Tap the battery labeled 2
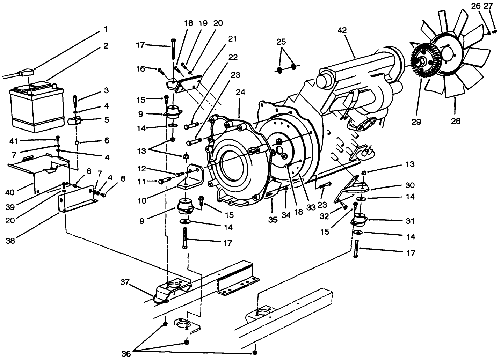[36, 106]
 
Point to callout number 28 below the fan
[456, 121]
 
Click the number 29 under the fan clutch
[416, 122]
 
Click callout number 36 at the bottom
[126, 354]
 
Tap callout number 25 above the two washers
[281, 42]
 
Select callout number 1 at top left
[106, 29]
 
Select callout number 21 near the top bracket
[232, 39]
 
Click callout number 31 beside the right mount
[410, 221]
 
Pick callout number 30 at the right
[410, 185]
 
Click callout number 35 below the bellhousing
[273, 220]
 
